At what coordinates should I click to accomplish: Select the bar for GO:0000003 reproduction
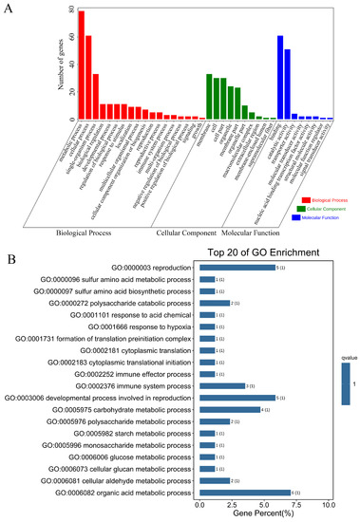(x=237, y=268)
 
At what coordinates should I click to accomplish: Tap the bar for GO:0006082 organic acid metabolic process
(x=244, y=494)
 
